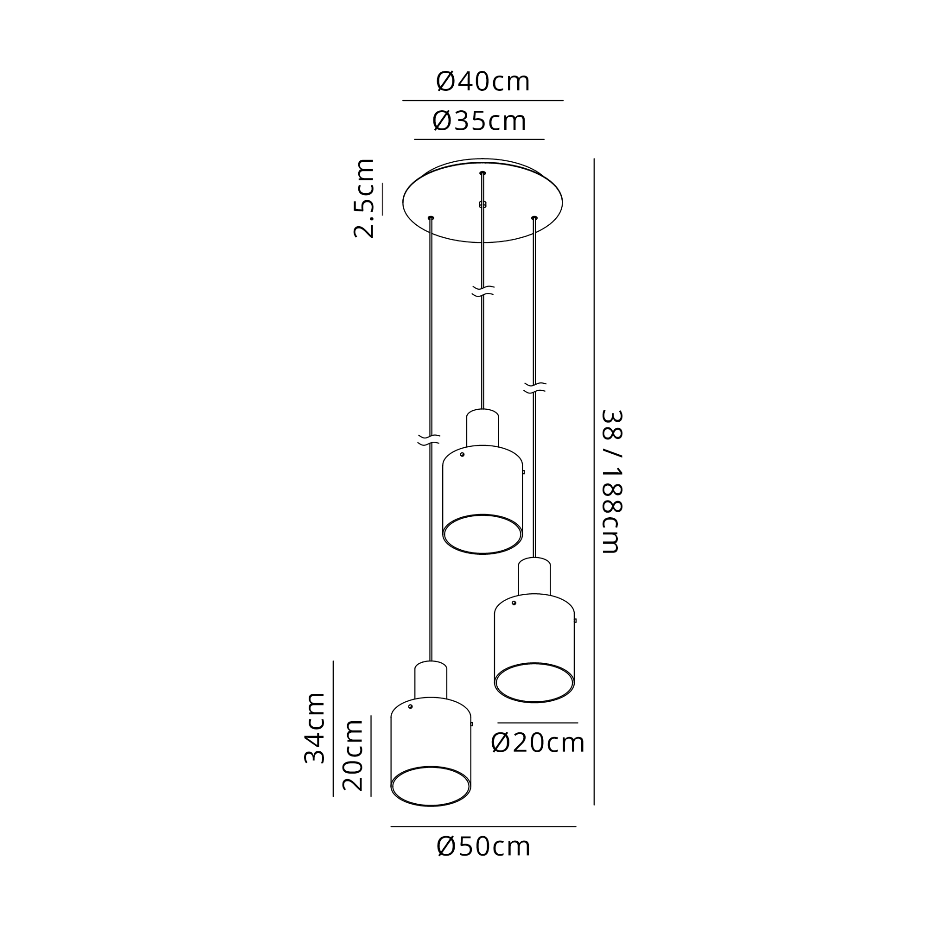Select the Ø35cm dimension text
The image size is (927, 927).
tap(479, 121)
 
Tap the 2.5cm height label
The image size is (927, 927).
tap(364, 198)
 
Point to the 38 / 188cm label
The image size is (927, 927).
tap(611, 482)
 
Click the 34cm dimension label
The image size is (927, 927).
tap(315, 728)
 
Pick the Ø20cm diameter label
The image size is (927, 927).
tap(537, 743)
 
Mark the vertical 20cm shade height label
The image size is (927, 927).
tap(353, 755)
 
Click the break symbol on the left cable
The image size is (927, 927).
tap(429, 439)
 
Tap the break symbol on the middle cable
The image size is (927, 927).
tap(483, 291)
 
